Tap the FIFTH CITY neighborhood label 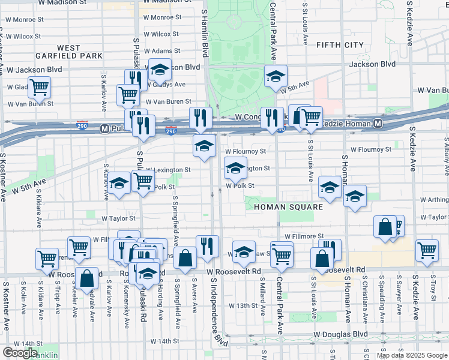coord(340,44)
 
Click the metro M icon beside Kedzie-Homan coord(378,124)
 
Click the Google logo coord(20,353)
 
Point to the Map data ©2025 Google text coord(412,355)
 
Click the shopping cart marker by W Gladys coord(39,87)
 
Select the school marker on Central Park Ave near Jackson coord(276,77)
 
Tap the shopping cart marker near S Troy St coord(427,250)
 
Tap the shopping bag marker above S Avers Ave coord(186,259)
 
